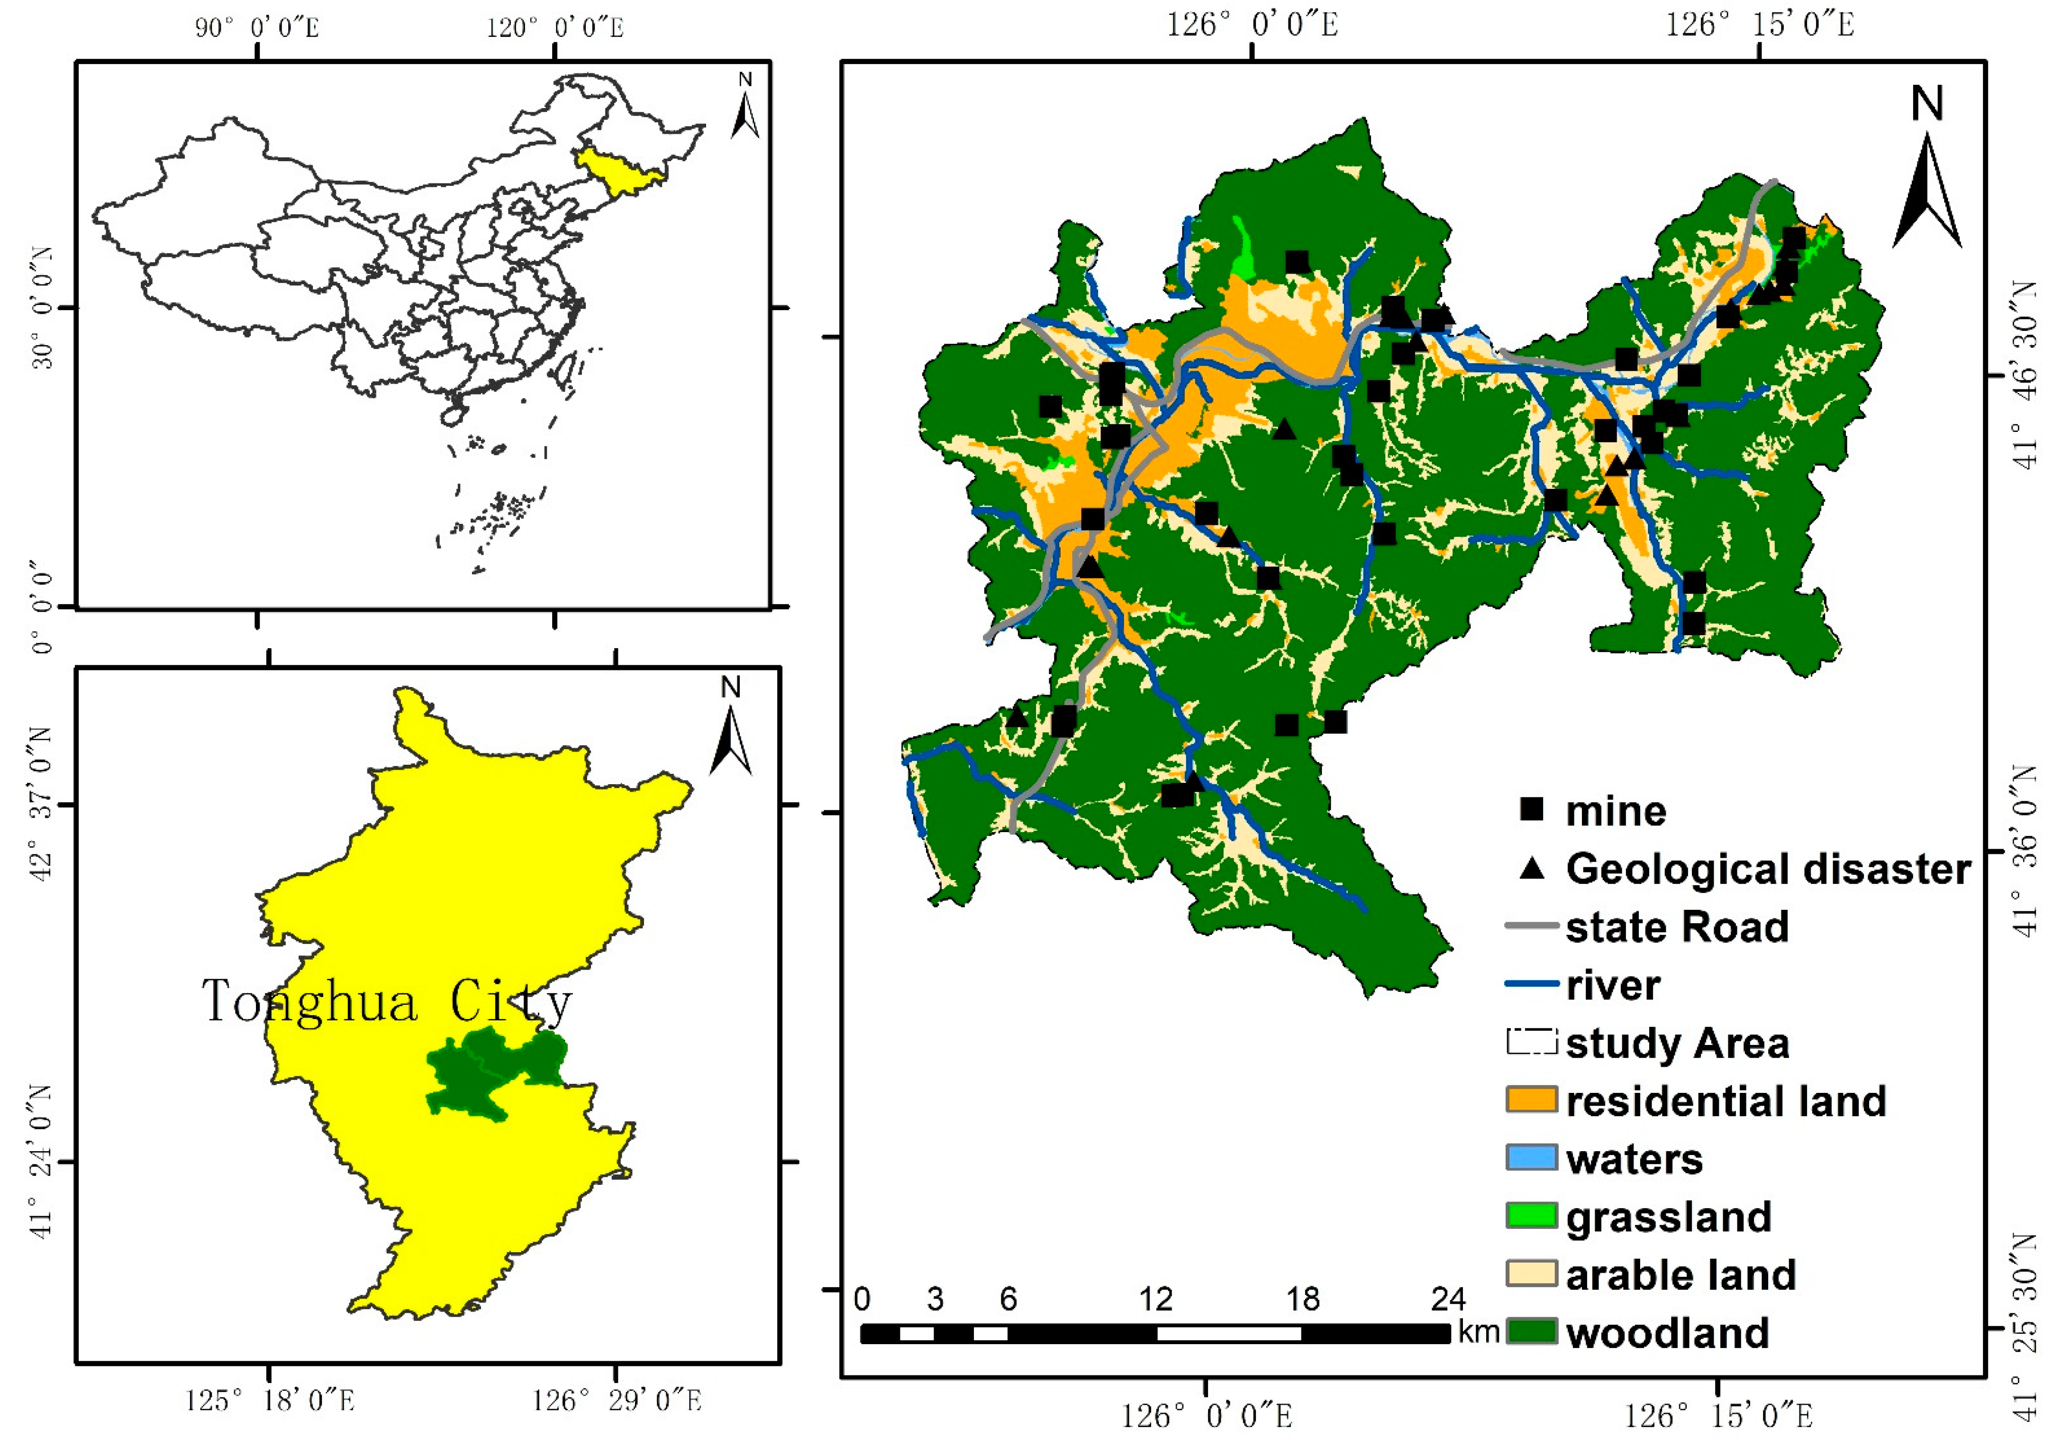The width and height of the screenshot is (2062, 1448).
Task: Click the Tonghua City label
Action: [386, 1001]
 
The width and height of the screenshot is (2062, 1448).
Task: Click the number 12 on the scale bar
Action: [1156, 1299]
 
